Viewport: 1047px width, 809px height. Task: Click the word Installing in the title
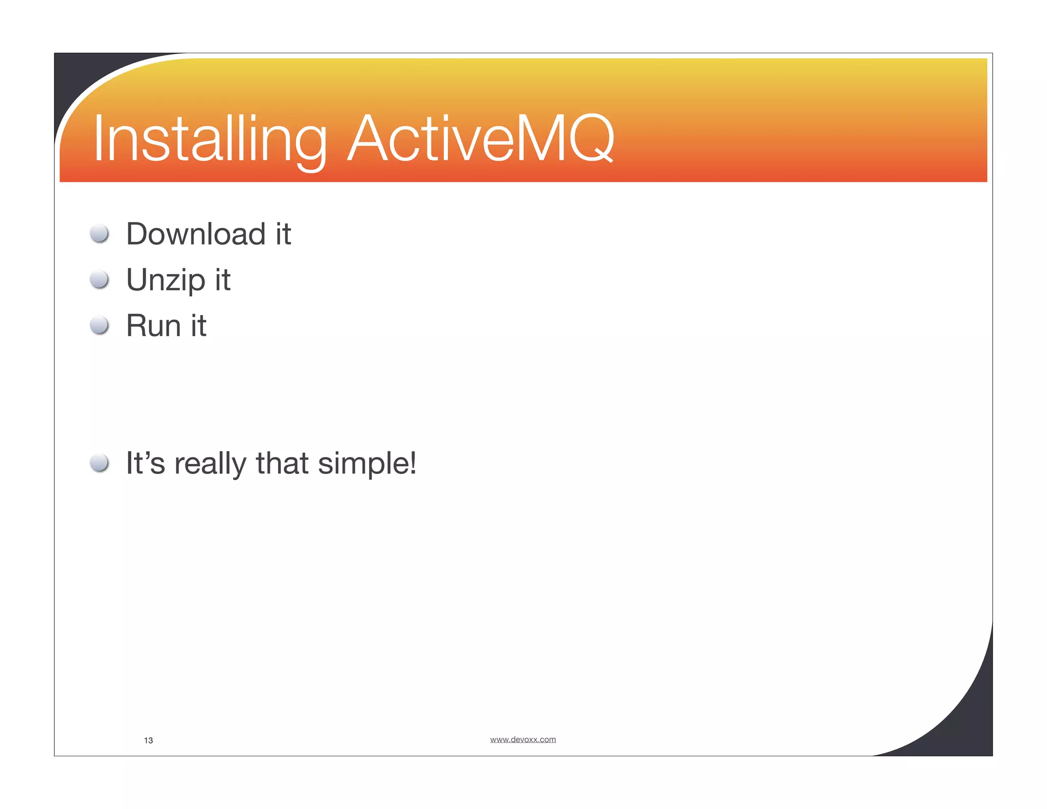tap(210, 139)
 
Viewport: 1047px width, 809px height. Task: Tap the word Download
tap(195, 234)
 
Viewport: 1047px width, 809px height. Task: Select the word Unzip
tap(166, 280)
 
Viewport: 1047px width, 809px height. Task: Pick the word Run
tap(153, 326)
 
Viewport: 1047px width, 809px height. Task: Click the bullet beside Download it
tap(99, 234)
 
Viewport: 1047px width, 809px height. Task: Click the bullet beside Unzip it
tap(99, 280)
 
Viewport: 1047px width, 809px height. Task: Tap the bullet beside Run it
tap(99, 325)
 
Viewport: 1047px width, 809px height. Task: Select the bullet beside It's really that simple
tap(99, 463)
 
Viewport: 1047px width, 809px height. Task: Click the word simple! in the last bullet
tap(367, 464)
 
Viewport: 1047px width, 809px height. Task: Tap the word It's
tap(145, 463)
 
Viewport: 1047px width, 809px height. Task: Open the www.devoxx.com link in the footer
tap(522, 739)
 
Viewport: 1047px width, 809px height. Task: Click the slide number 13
tap(148, 740)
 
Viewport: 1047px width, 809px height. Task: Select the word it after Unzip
tap(222, 280)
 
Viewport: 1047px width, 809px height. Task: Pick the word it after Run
tap(198, 326)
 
